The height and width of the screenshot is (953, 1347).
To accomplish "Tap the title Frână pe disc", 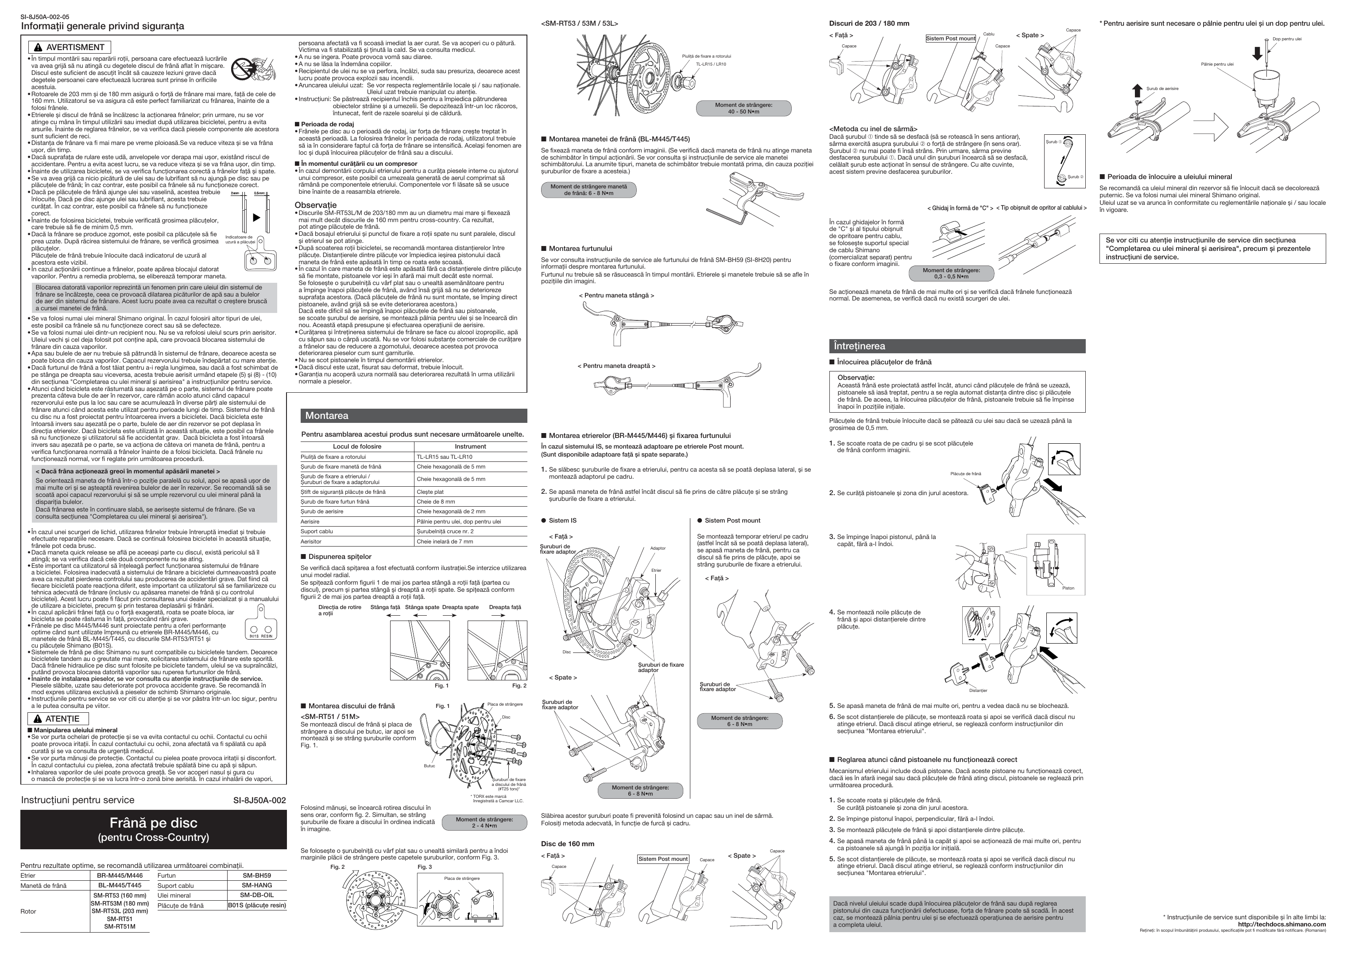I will coord(153,823).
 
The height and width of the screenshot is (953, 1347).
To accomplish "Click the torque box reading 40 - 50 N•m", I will coord(743,108).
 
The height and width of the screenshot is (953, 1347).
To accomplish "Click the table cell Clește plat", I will coord(430,492).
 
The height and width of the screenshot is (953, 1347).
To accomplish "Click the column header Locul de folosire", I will coord(357,446).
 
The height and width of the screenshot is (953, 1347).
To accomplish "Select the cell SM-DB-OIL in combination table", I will coord(256,895).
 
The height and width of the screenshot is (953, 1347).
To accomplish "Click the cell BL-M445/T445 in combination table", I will coord(120,886).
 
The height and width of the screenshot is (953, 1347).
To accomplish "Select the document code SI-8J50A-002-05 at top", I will coord(45,17).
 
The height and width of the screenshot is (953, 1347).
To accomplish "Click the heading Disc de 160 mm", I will coord(567,844).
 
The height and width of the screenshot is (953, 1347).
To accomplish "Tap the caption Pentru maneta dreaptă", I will coord(616,366).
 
